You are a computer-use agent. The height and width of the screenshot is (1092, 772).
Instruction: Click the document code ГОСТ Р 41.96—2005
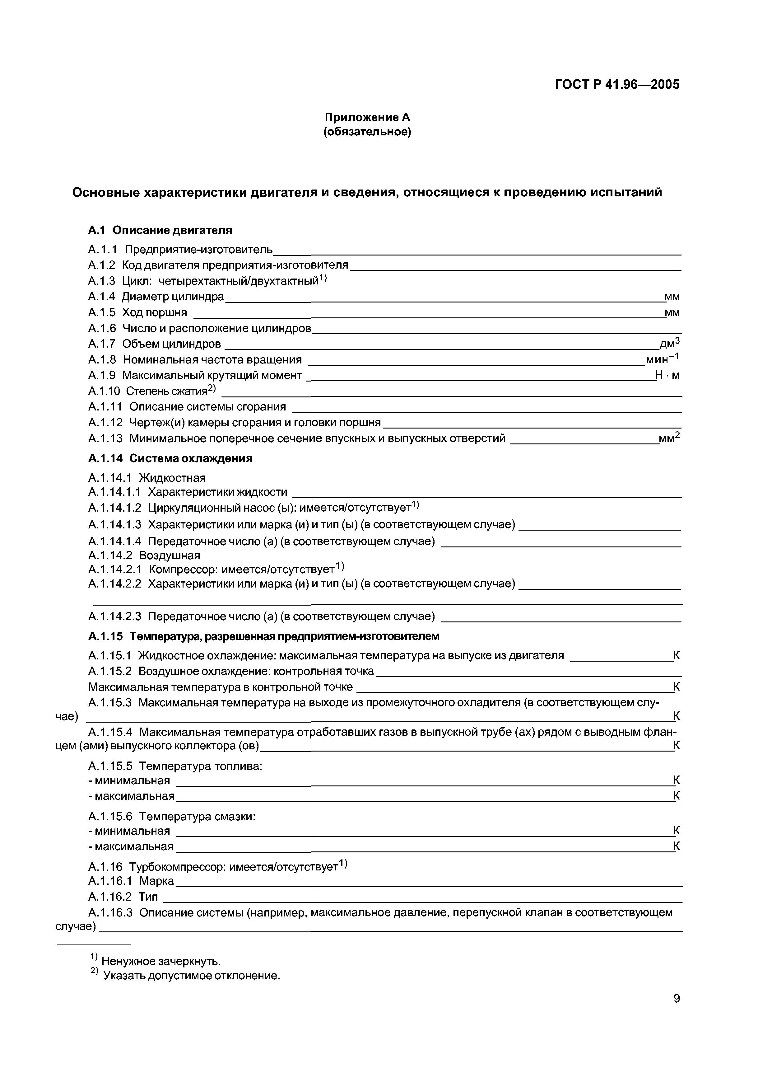(x=617, y=85)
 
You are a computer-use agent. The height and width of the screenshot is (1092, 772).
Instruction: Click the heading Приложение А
(x=367, y=117)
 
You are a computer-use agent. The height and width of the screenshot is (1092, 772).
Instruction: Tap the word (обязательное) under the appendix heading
(x=367, y=131)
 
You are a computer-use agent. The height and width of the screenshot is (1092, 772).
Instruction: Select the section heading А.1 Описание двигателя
(x=160, y=230)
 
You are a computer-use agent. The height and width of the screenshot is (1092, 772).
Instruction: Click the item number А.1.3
(x=102, y=281)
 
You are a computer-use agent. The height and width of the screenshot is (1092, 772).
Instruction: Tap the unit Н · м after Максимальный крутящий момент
(x=667, y=375)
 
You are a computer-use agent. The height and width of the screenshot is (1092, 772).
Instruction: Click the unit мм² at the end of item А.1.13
(x=669, y=438)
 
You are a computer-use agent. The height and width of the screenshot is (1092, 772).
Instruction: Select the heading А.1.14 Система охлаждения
(x=170, y=458)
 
